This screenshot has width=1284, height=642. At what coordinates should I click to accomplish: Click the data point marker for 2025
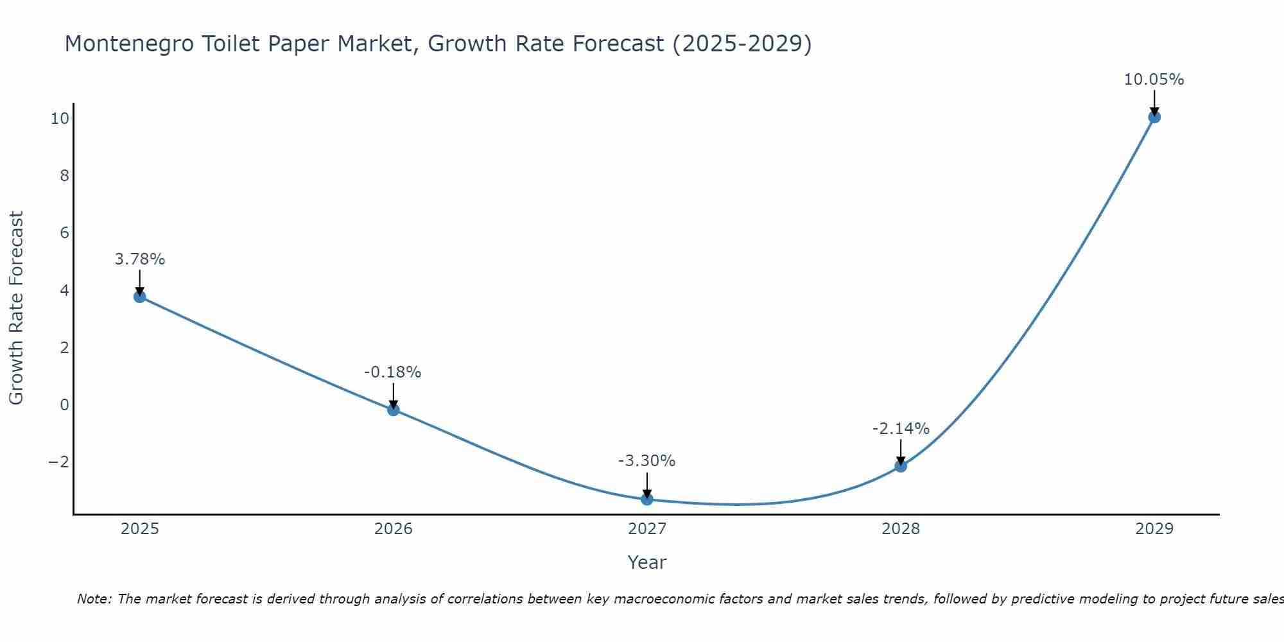[x=140, y=297]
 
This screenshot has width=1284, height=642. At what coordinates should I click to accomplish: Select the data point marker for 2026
[x=394, y=410]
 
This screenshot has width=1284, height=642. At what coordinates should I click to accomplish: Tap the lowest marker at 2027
[x=647, y=499]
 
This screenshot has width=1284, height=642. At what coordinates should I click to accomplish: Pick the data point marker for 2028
[x=901, y=466]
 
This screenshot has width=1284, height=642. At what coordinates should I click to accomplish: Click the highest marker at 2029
[x=1154, y=117]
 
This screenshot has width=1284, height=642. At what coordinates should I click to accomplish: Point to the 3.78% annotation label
[x=140, y=259]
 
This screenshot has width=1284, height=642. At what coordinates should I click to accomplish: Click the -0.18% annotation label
[x=393, y=372]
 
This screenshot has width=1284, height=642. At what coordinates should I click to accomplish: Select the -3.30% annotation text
[x=646, y=461]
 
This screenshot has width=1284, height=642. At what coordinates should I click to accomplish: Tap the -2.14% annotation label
[x=901, y=429]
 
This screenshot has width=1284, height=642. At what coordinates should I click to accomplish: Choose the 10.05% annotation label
[x=1154, y=80]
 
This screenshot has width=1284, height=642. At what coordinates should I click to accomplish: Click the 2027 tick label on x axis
[x=647, y=529]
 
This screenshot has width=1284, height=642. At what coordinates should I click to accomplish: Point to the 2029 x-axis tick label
[x=1154, y=529]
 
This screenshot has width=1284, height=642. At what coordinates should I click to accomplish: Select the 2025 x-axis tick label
[x=140, y=529]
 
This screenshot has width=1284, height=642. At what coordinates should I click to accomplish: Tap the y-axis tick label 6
[x=64, y=233]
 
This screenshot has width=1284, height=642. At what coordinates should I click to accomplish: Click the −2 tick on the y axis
[x=59, y=462]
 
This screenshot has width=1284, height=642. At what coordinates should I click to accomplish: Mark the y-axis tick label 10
[x=60, y=119]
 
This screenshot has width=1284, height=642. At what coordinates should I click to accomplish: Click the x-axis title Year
[x=647, y=562]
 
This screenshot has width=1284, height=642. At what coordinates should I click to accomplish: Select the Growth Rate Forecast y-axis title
[x=16, y=308]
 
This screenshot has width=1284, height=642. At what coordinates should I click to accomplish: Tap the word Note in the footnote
[x=94, y=599]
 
